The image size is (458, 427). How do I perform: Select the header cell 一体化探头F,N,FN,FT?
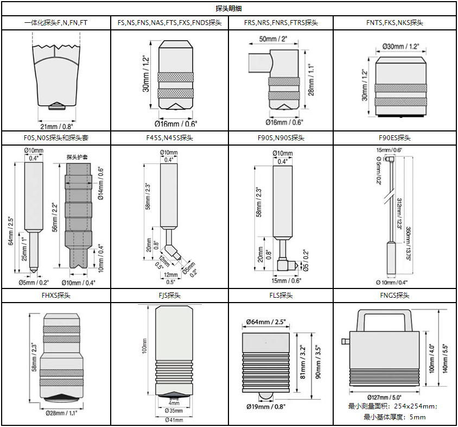pyautogui.click(x=56, y=23)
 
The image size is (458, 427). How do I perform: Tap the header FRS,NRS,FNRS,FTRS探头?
pyautogui.click(x=281, y=23)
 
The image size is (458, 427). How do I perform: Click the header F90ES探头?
pyautogui.click(x=395, y=138)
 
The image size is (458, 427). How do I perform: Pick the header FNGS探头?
pyautogui.click(x=395, y=296)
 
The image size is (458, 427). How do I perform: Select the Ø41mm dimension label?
pyautogui.click(x=174, y=419)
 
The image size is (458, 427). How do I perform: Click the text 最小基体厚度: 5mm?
pyautogui.click(x=395, y=417)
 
